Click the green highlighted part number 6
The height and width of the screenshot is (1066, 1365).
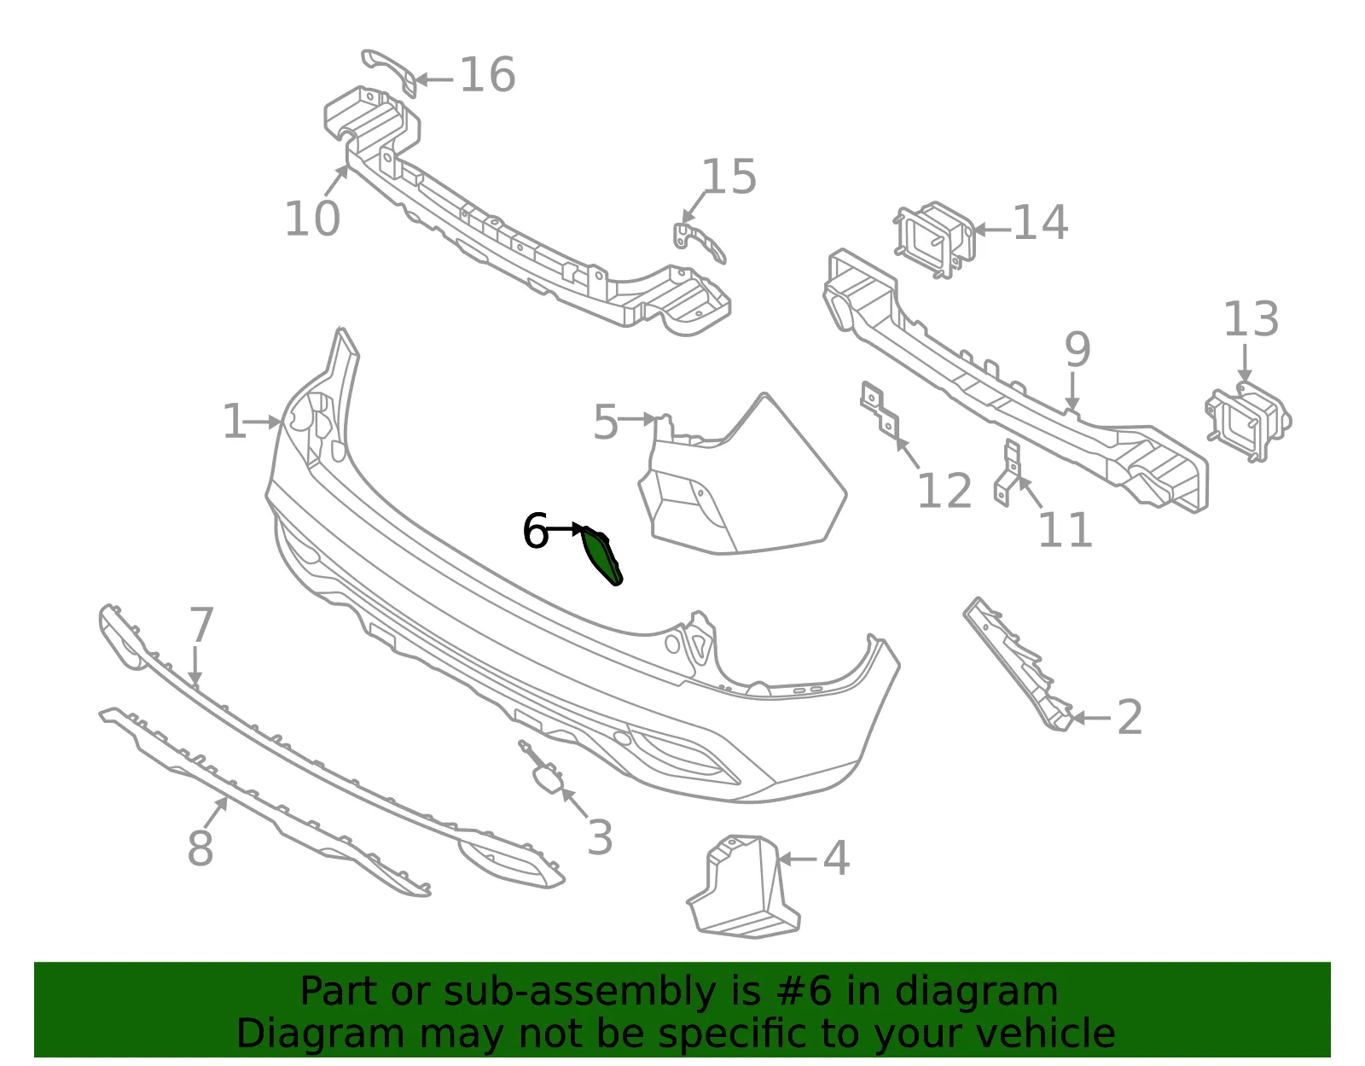[601, 555]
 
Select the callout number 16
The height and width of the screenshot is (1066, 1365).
[487, 75]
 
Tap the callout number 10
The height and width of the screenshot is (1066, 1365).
[312, 218]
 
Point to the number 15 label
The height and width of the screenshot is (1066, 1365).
[729, 177]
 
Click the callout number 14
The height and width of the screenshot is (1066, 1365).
[1040, 223]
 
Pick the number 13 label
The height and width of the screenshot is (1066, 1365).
[1251, 319]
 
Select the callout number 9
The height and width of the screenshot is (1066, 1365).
[1077, 350]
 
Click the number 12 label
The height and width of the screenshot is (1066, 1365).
[944, 491]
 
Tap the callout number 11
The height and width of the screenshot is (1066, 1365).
[1065, 529]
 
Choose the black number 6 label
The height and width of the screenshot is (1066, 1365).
[536, 532]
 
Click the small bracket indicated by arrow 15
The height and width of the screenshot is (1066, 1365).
[699, 242]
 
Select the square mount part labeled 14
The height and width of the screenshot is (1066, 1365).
[935, 239]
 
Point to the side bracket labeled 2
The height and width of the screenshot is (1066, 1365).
[1018, 664]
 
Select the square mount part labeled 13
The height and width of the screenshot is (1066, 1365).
[1247, 422]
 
